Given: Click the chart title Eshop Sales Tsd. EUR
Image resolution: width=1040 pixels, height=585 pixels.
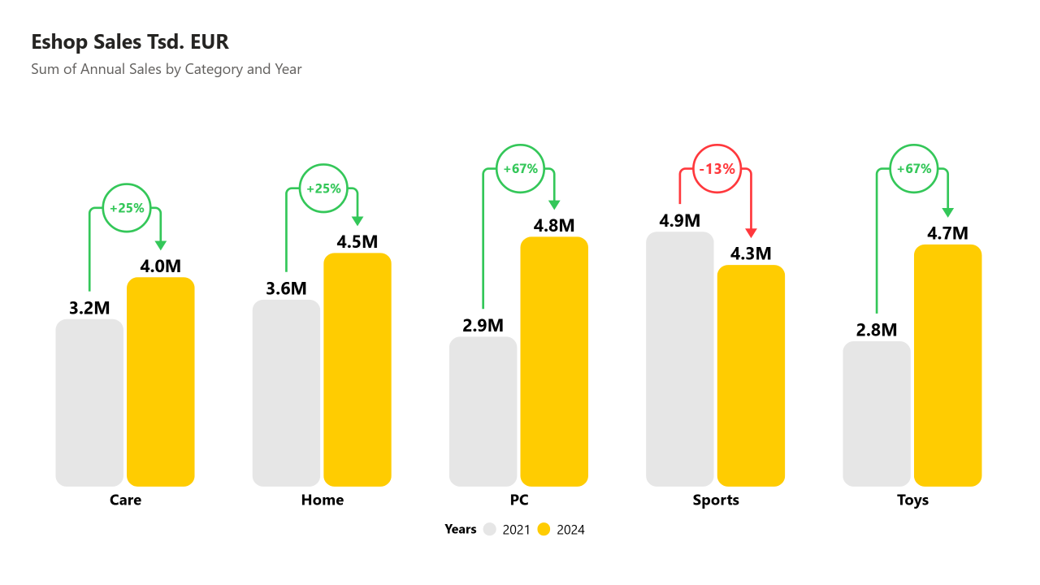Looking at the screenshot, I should click(x=130, y=42).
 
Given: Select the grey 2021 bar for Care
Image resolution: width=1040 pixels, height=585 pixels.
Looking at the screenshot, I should click(x=89, y=402).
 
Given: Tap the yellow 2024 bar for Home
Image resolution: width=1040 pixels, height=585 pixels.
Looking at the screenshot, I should click(x=357, y=370).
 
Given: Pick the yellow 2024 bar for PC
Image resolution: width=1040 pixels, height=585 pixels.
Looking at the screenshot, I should click(x=554, y=362).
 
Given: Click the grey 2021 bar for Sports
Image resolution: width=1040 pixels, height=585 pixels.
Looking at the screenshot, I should click(x=680, y=358).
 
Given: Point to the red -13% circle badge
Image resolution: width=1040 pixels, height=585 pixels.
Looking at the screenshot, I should click(x=717, y=170).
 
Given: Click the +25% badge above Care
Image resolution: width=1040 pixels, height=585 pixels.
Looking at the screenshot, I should click(x=127, y=208).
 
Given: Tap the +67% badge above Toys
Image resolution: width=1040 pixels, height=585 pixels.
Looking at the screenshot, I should click(x=914, y=169).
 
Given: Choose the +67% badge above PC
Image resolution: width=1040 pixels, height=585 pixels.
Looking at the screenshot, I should click(x=521, y=169).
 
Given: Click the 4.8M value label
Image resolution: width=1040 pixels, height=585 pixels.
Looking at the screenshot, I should click(x=554, y=225).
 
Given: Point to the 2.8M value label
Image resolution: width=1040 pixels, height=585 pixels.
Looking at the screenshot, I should click(x=877, y=330).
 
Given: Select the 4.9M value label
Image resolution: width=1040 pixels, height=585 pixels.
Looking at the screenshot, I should click(x=680, y=220).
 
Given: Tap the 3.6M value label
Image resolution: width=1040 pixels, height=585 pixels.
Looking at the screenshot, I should click(x=286, y=288).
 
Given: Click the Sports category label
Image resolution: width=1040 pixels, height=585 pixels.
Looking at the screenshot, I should click(x=716, y=500).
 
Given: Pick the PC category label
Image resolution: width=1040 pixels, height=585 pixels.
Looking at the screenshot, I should click(x=519, y=500).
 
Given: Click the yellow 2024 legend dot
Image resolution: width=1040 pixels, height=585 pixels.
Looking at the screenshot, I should click(x=544, y=530).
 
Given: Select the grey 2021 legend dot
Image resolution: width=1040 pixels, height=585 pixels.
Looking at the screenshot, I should click(x=490, y=530).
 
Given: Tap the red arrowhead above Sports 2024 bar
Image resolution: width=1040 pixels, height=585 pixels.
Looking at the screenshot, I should click(x=751, y=232).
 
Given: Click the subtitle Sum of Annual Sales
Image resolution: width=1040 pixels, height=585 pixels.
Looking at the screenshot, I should click(x=167, y=69).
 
